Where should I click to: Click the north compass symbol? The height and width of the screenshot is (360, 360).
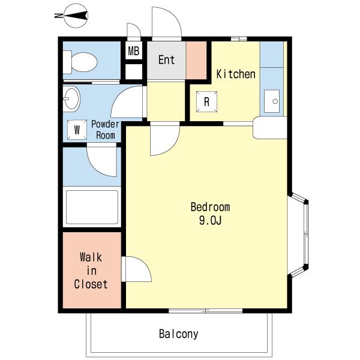[x=76, y=16]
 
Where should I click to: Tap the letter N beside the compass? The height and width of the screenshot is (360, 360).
[x=59, y=16]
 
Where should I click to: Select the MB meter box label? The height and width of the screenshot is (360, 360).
[x=134, y=51]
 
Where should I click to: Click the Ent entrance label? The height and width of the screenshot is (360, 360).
[x=166, y=59]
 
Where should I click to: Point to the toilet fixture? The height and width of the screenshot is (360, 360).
[x=80, y=62]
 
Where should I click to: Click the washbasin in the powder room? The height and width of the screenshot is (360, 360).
[x=71, y=99]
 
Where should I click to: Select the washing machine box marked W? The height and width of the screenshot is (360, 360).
[x=77, y=130]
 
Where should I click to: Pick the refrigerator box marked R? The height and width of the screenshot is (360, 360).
[x=206, y=101]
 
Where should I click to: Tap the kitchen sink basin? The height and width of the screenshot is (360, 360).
[x=272, y=101]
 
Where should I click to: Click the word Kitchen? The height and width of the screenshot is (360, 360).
[x=236, y=74]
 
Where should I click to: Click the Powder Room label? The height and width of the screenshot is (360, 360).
[x=106, y=130]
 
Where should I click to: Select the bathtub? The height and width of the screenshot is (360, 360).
[x=92, y=207]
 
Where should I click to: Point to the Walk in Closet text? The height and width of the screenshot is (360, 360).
[x=91, y=271]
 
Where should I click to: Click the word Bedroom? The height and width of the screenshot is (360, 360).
[x=210, y=207]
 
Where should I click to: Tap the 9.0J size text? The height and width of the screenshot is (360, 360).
[x=210, y=221]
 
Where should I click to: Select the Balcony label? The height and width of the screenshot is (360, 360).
[x=178, y=334]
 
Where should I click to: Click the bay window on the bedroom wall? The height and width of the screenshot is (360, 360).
[x=298, y=235]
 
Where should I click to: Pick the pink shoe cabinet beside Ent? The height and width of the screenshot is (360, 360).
[x=196, y=61]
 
